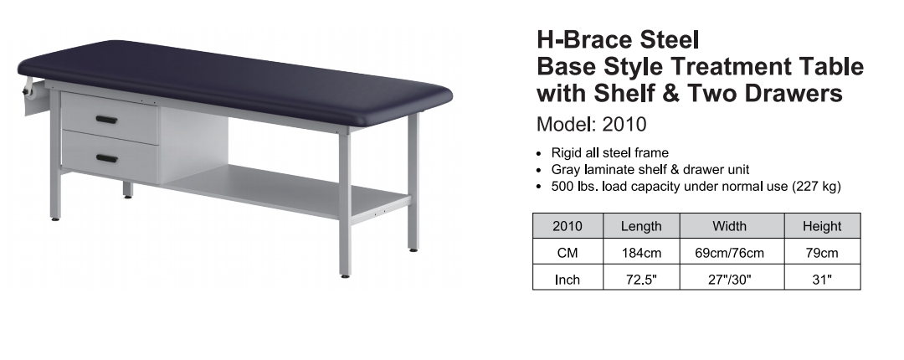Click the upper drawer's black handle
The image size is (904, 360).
pyautogui.click(x=106, y=120)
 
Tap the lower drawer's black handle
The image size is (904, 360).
pyautogui.click(x=107, y=159)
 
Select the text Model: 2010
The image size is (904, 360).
pyautogui.click(x=592, y=124)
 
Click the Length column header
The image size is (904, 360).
pyautogui.click(x=641, y=226)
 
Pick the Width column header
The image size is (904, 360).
pyautogui.click(x=729, y=226)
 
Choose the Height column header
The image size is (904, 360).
pyautogui.click(x=822, y=226)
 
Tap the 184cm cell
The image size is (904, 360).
pyautogui.click(x=642, y=253)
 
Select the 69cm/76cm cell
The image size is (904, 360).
pyautogui.click(x=729, y=253)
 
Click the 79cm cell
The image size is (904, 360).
pyautogui.click(x=822, y=253)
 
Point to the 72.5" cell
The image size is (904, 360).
pyautogui.click(x=642, y=280)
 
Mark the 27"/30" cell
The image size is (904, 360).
pyautogui.click(x=730, y=280)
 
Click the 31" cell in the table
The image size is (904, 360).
pyautogui.click(x=822, y=280)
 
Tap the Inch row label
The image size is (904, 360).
pyautogui.click(x=568, y=280)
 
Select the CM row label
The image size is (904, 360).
pyautogui.click(x=568, y=253)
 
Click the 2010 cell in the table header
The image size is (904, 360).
pyautogui.click(x=568, y=226)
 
